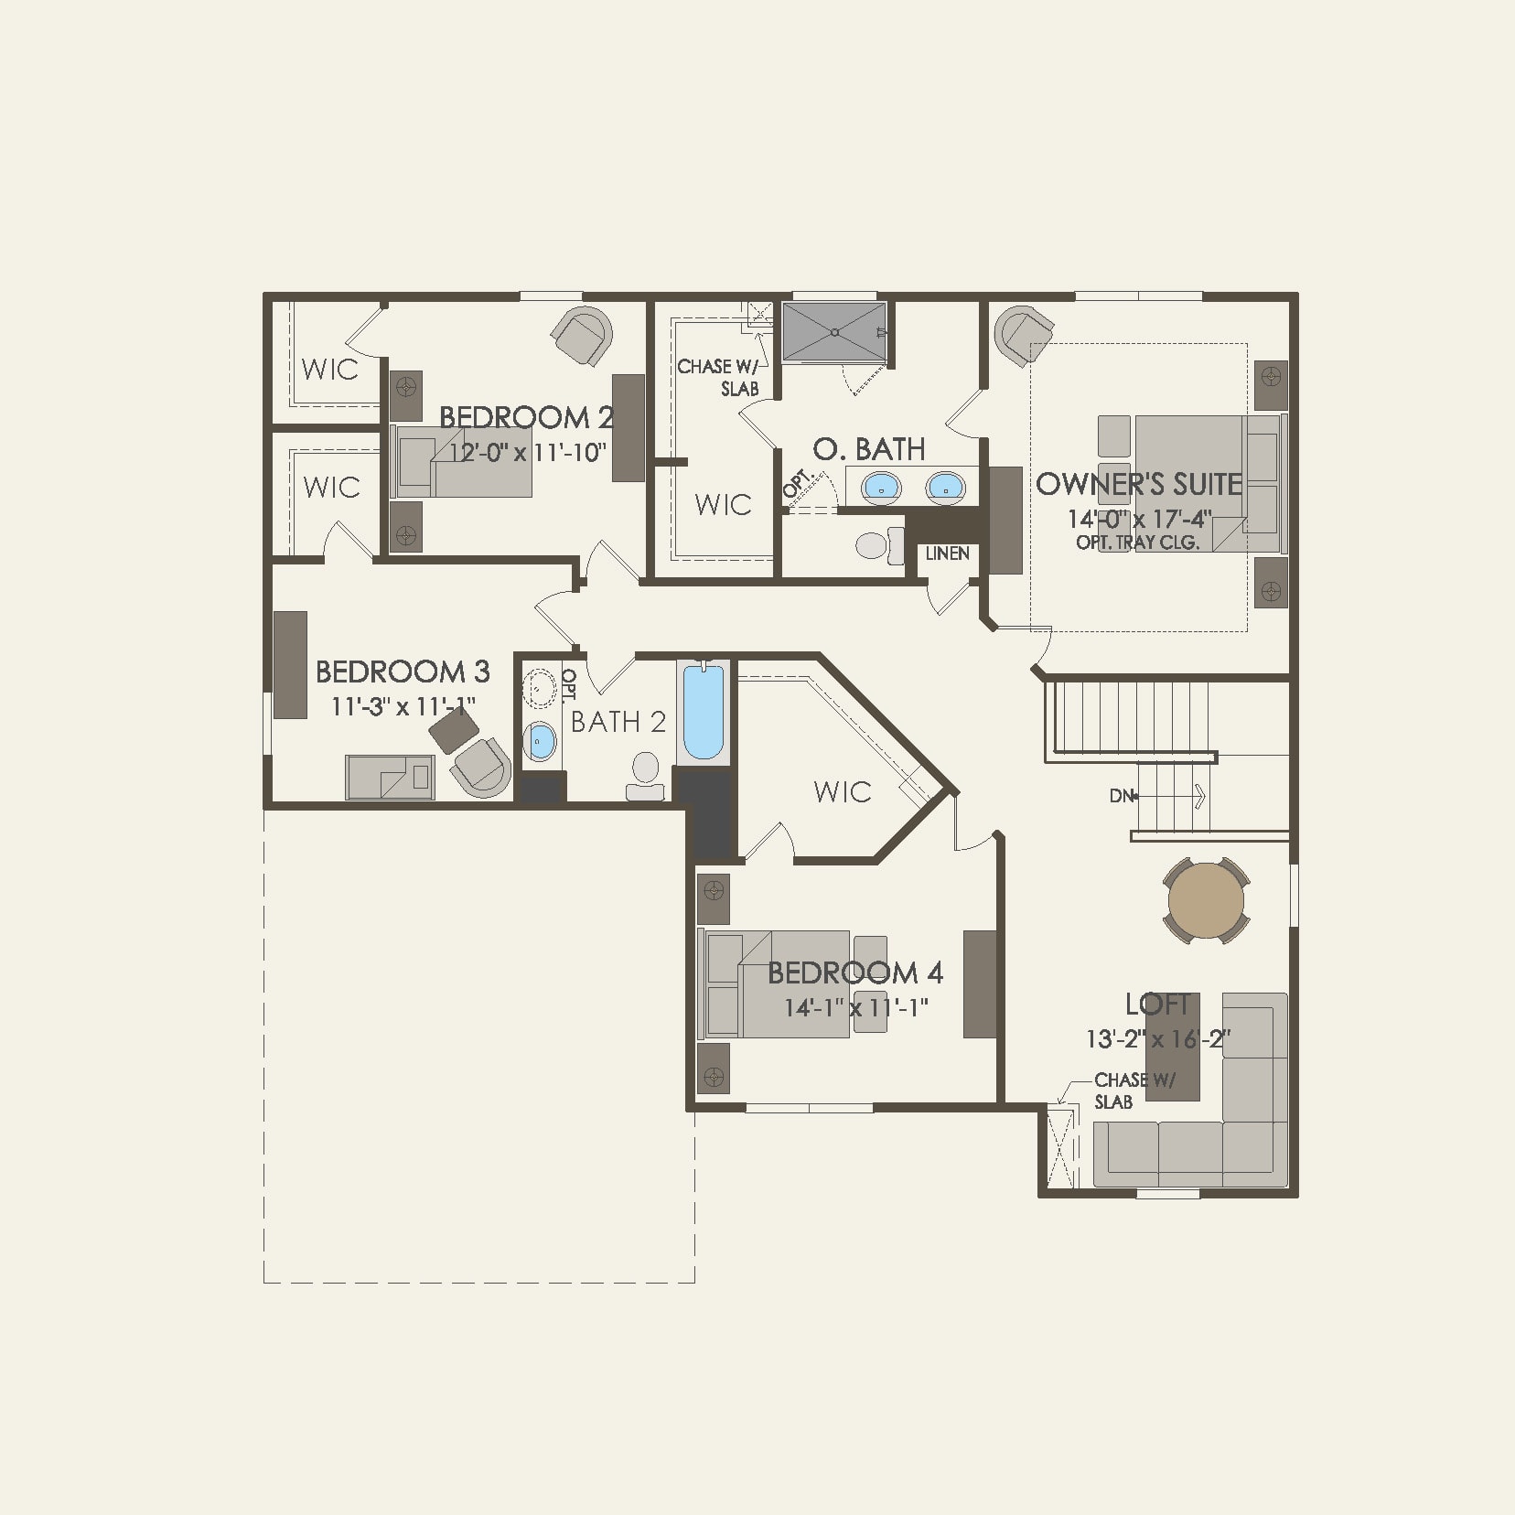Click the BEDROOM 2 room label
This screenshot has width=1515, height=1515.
tap(525, 418)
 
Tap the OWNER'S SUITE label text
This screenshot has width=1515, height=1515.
tap(1138, 484)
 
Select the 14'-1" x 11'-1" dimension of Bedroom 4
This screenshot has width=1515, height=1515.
tap(856, 1008)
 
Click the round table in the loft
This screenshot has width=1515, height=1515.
tap(1206, 899)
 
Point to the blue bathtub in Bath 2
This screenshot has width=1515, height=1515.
tap(703, 712)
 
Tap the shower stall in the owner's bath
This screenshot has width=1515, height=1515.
tap(833, 333)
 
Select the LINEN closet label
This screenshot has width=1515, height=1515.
tap(947, 553)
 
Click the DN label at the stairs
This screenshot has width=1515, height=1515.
tap(1121, 796)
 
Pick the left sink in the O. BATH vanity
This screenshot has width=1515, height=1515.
tap(881, 488)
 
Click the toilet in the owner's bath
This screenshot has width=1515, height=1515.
tap(874, 546)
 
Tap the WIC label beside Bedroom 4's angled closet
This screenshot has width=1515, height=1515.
tap(842, 791)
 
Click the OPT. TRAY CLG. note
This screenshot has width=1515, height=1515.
tap(1137, 543)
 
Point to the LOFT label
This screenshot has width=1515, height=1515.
tap(1157, 1005)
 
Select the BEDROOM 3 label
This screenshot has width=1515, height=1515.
tap(403, 672)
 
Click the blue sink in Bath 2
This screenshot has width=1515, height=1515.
tap(541, 741)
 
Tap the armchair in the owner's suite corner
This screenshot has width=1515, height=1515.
tap(1023, 336)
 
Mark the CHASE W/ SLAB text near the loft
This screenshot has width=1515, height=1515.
tap(1133, 1091)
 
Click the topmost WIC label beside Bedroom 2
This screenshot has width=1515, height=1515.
tap(329, 370)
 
